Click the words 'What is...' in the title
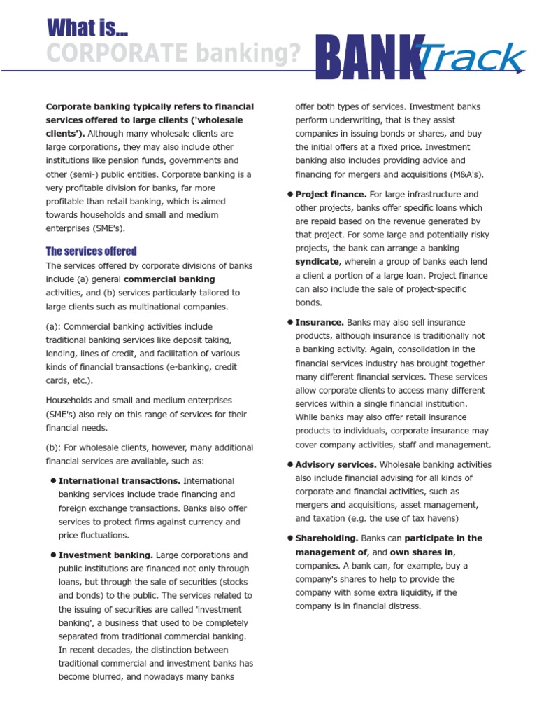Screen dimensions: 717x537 tap(87, 28)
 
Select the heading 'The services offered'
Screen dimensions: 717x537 tap(91, 251)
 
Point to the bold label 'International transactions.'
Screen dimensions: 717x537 tap(120, 481)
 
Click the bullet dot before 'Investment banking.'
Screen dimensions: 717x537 tap(52, 555)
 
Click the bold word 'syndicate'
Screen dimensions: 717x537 tap(317, 262)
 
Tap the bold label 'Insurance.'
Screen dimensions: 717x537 tap(320, 322)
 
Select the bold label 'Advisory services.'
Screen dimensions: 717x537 tap(336, 464)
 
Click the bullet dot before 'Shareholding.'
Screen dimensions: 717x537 tap(289, 538)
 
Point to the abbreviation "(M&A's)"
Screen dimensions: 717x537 tap(462, 174)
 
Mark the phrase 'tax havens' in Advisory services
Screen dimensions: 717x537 tap(433, 519)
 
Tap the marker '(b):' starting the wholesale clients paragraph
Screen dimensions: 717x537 tap(55, 447)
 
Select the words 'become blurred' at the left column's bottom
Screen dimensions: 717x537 tap(89, 677)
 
